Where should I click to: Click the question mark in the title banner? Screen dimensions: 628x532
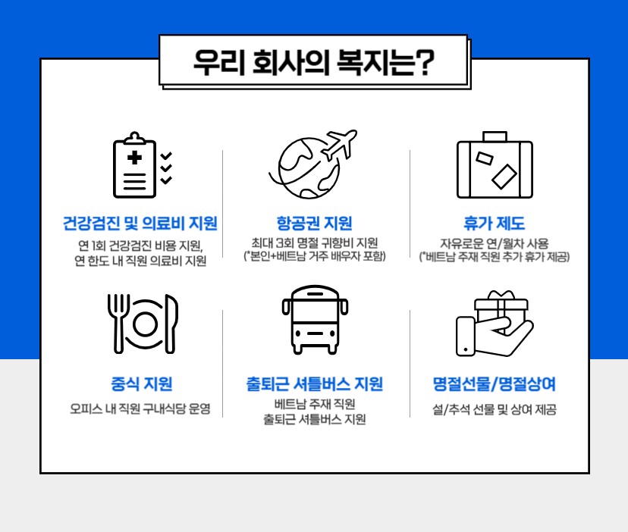coord(423,63)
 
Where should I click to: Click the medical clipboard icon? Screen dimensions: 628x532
coord(134,165)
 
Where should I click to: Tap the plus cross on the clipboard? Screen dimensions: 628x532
coord(134,158)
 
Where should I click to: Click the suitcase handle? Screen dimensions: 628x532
coord(495,136)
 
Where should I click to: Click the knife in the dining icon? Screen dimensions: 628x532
coord(171,324)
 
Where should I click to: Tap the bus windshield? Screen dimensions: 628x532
coord(315,310)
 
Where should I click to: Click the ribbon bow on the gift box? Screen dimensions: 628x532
coord(501,296)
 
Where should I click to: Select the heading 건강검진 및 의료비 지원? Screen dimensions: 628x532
coord(140,223)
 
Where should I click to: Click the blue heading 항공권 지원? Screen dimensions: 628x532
coord(315,223)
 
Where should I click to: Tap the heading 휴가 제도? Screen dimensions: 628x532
coord(495,223)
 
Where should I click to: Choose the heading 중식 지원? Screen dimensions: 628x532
coord(142,384)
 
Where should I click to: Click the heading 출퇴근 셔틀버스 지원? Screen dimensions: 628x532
coord(315,384)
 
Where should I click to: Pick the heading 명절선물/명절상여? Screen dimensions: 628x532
coord(495,384)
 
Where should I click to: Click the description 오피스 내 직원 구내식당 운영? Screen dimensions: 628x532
coord(140,408)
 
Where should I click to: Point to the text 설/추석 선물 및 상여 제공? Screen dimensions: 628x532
coord(495,409)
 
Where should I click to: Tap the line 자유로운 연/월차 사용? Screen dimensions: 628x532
coord(495,243)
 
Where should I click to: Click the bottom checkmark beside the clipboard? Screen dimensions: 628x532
coord(166,180)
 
